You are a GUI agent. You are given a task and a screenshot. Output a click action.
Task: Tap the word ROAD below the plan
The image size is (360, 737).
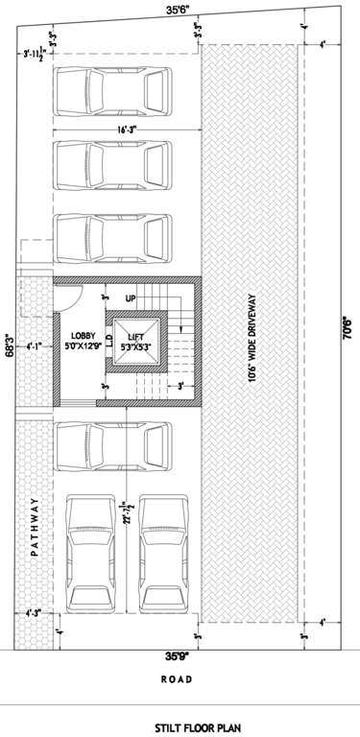tap(176, 679)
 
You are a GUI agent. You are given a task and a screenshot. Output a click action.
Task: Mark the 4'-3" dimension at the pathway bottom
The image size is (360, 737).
tap(35, 611)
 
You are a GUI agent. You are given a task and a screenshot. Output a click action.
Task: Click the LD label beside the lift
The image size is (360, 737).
tap(109, 339)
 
